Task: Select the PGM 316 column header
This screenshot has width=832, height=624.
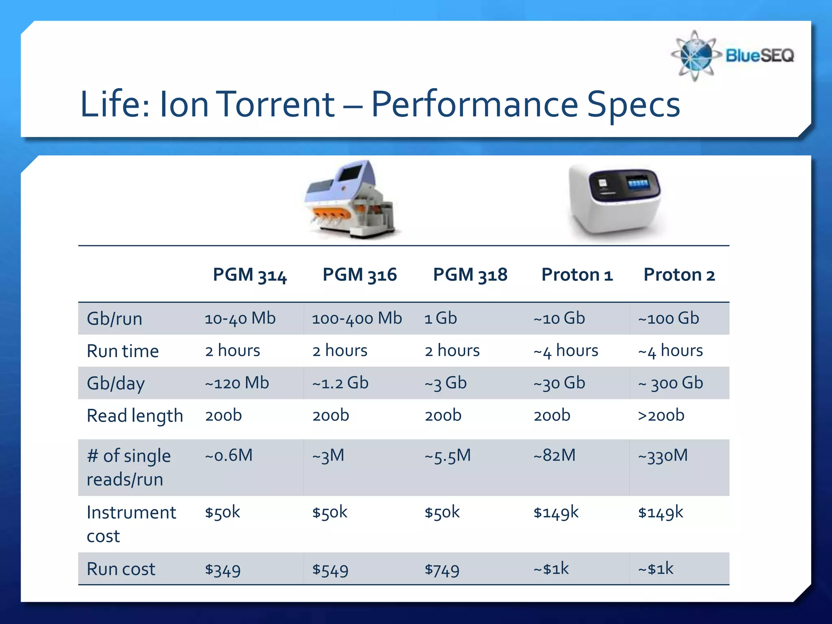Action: (x=360, y=275)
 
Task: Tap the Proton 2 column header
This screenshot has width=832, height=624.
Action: (x=679, y=275)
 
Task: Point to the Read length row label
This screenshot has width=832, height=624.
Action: (x=135, y=416)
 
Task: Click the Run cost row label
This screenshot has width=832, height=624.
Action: (x=121, y=569)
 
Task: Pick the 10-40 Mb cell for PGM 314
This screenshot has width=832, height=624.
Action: (x=240, y=318)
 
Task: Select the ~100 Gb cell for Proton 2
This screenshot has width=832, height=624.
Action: (x=668, y=318)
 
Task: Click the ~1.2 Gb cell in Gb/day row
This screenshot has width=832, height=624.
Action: (x=340, y=383)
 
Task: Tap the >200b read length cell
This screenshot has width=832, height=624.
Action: (x=661, y=416)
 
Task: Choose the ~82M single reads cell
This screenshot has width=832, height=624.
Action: (x=555, y=455)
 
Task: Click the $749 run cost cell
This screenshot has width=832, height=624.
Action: (x=442, y=570)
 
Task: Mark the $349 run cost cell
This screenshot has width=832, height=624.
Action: (x=223, y=570)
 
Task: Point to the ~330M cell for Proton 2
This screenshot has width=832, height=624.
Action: (x=663, y=455)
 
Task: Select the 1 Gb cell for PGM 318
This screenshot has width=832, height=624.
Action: (x=440, y=318)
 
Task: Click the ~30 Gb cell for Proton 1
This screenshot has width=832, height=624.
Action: (x=559, y=383)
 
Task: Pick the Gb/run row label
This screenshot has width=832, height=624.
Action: (x=114, y=319)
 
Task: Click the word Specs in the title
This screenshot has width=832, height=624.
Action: (x=633, y=104)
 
